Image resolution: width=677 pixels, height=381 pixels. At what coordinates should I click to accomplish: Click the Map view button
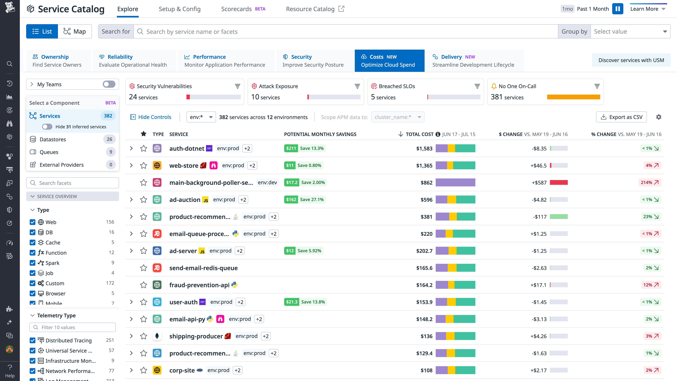[x=75, y=32]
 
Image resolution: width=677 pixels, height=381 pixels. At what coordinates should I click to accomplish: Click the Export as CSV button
[x=622, y=117]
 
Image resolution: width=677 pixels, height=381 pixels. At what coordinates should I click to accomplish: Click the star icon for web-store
[x=143, y=165]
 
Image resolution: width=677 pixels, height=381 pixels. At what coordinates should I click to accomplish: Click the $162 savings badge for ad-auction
[x=291, y=200]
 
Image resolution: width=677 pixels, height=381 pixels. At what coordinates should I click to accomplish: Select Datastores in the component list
[x=53, y=139]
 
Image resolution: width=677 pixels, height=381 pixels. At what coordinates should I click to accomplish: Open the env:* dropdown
[x=201, y=117]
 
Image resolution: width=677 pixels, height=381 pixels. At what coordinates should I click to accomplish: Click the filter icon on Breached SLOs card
[x=477, y=86]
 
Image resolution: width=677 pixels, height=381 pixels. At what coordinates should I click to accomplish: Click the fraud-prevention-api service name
[x=199, y=285]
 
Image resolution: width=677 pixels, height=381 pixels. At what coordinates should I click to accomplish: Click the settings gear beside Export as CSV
[x=659, y=117]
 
